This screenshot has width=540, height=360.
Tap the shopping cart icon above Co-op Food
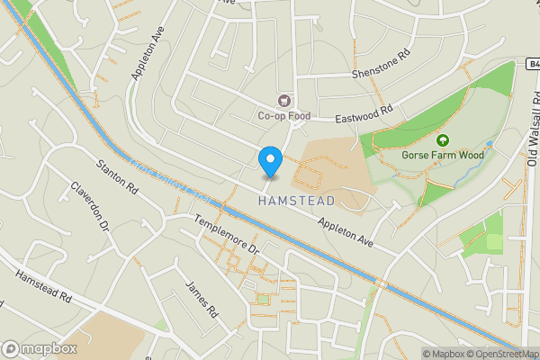(x=285, y=101)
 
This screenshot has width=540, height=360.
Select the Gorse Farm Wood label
(x=443, y=155)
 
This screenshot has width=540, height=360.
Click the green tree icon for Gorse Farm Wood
(x=443, y=139)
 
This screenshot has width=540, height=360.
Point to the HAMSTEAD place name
(x=296, y=201)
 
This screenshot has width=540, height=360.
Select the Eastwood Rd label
(x=365, y=116)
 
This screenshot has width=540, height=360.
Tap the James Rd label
(x=202, y=300)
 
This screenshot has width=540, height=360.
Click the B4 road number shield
(x=533, y=63)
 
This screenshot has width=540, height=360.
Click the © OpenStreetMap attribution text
(x=500, y=354)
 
